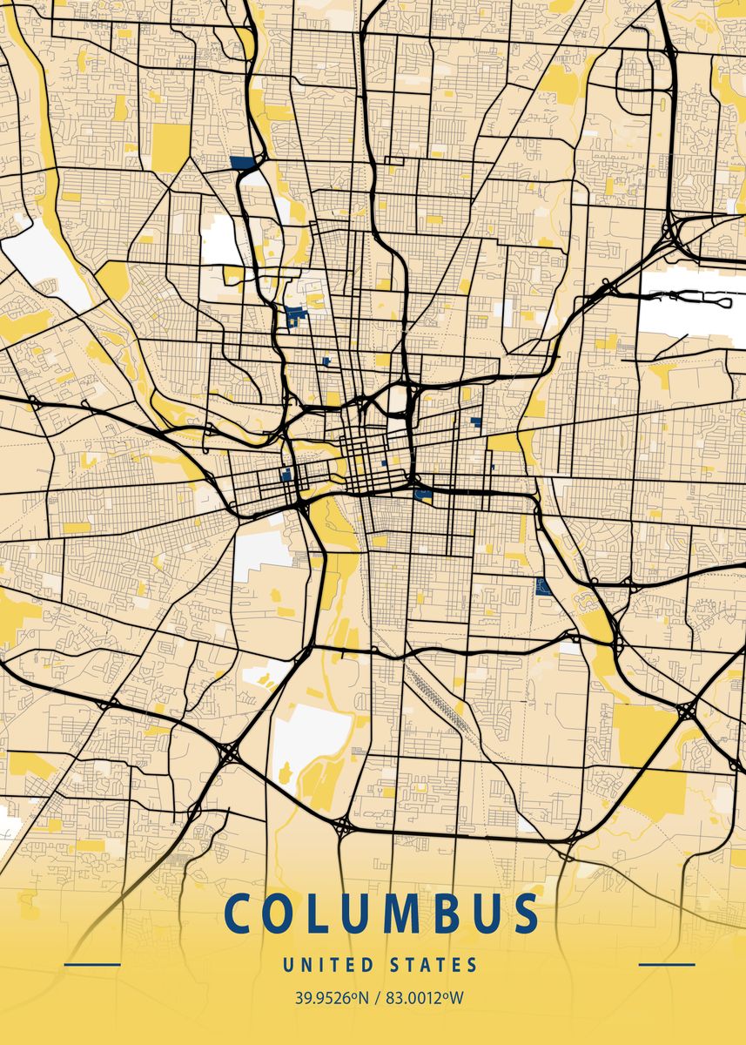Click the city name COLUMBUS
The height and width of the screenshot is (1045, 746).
[x=381, y=914]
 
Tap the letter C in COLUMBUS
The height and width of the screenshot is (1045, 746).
[x=237, y=914]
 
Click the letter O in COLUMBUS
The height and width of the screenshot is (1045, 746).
[x=284, y=914]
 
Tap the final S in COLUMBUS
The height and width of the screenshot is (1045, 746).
[x=525, y=914]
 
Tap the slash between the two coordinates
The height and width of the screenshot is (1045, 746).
[x=377, y=997]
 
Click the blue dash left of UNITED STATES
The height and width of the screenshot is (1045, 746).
[x=92, y=965]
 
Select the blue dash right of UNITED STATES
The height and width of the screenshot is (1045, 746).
[x=667, y=965]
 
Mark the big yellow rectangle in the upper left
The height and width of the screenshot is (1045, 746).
[x=171, y=146]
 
